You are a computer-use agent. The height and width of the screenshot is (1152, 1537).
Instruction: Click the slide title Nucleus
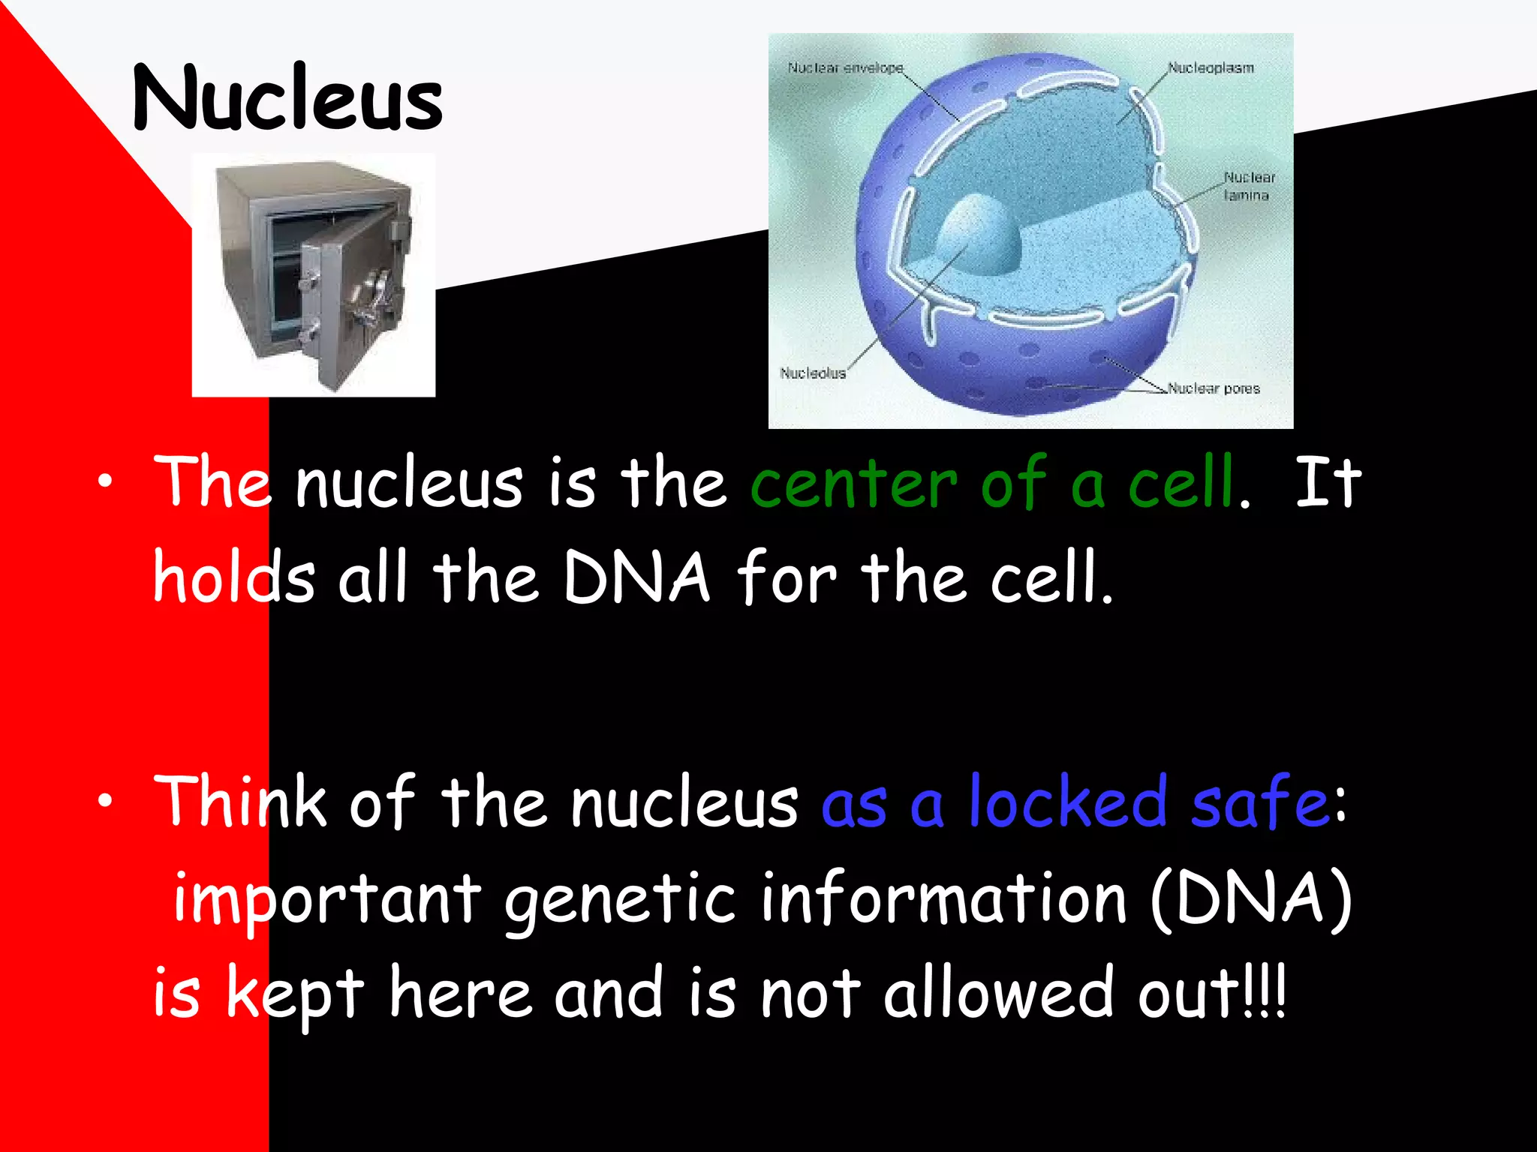[x=287, y=97]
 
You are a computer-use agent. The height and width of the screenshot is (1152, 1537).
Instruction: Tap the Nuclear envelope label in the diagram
[x=845, y=68]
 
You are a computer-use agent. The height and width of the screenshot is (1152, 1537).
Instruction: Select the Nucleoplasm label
[x=1211, y=68]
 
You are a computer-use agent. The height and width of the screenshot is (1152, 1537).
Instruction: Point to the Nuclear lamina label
[x=1249, y=186]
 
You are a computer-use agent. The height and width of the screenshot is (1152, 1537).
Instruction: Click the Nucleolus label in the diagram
[x=813, y=373]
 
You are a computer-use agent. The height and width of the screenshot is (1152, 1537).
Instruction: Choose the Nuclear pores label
[x=1214, y=388]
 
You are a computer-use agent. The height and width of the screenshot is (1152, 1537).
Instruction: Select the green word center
[x=853, y=484]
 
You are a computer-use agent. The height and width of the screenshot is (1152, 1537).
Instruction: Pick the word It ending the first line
[x=1328, y=484]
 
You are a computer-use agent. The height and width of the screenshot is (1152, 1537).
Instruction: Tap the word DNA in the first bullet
[x=636, y=578]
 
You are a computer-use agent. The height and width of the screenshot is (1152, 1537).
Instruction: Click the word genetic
[x=619, y=900]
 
